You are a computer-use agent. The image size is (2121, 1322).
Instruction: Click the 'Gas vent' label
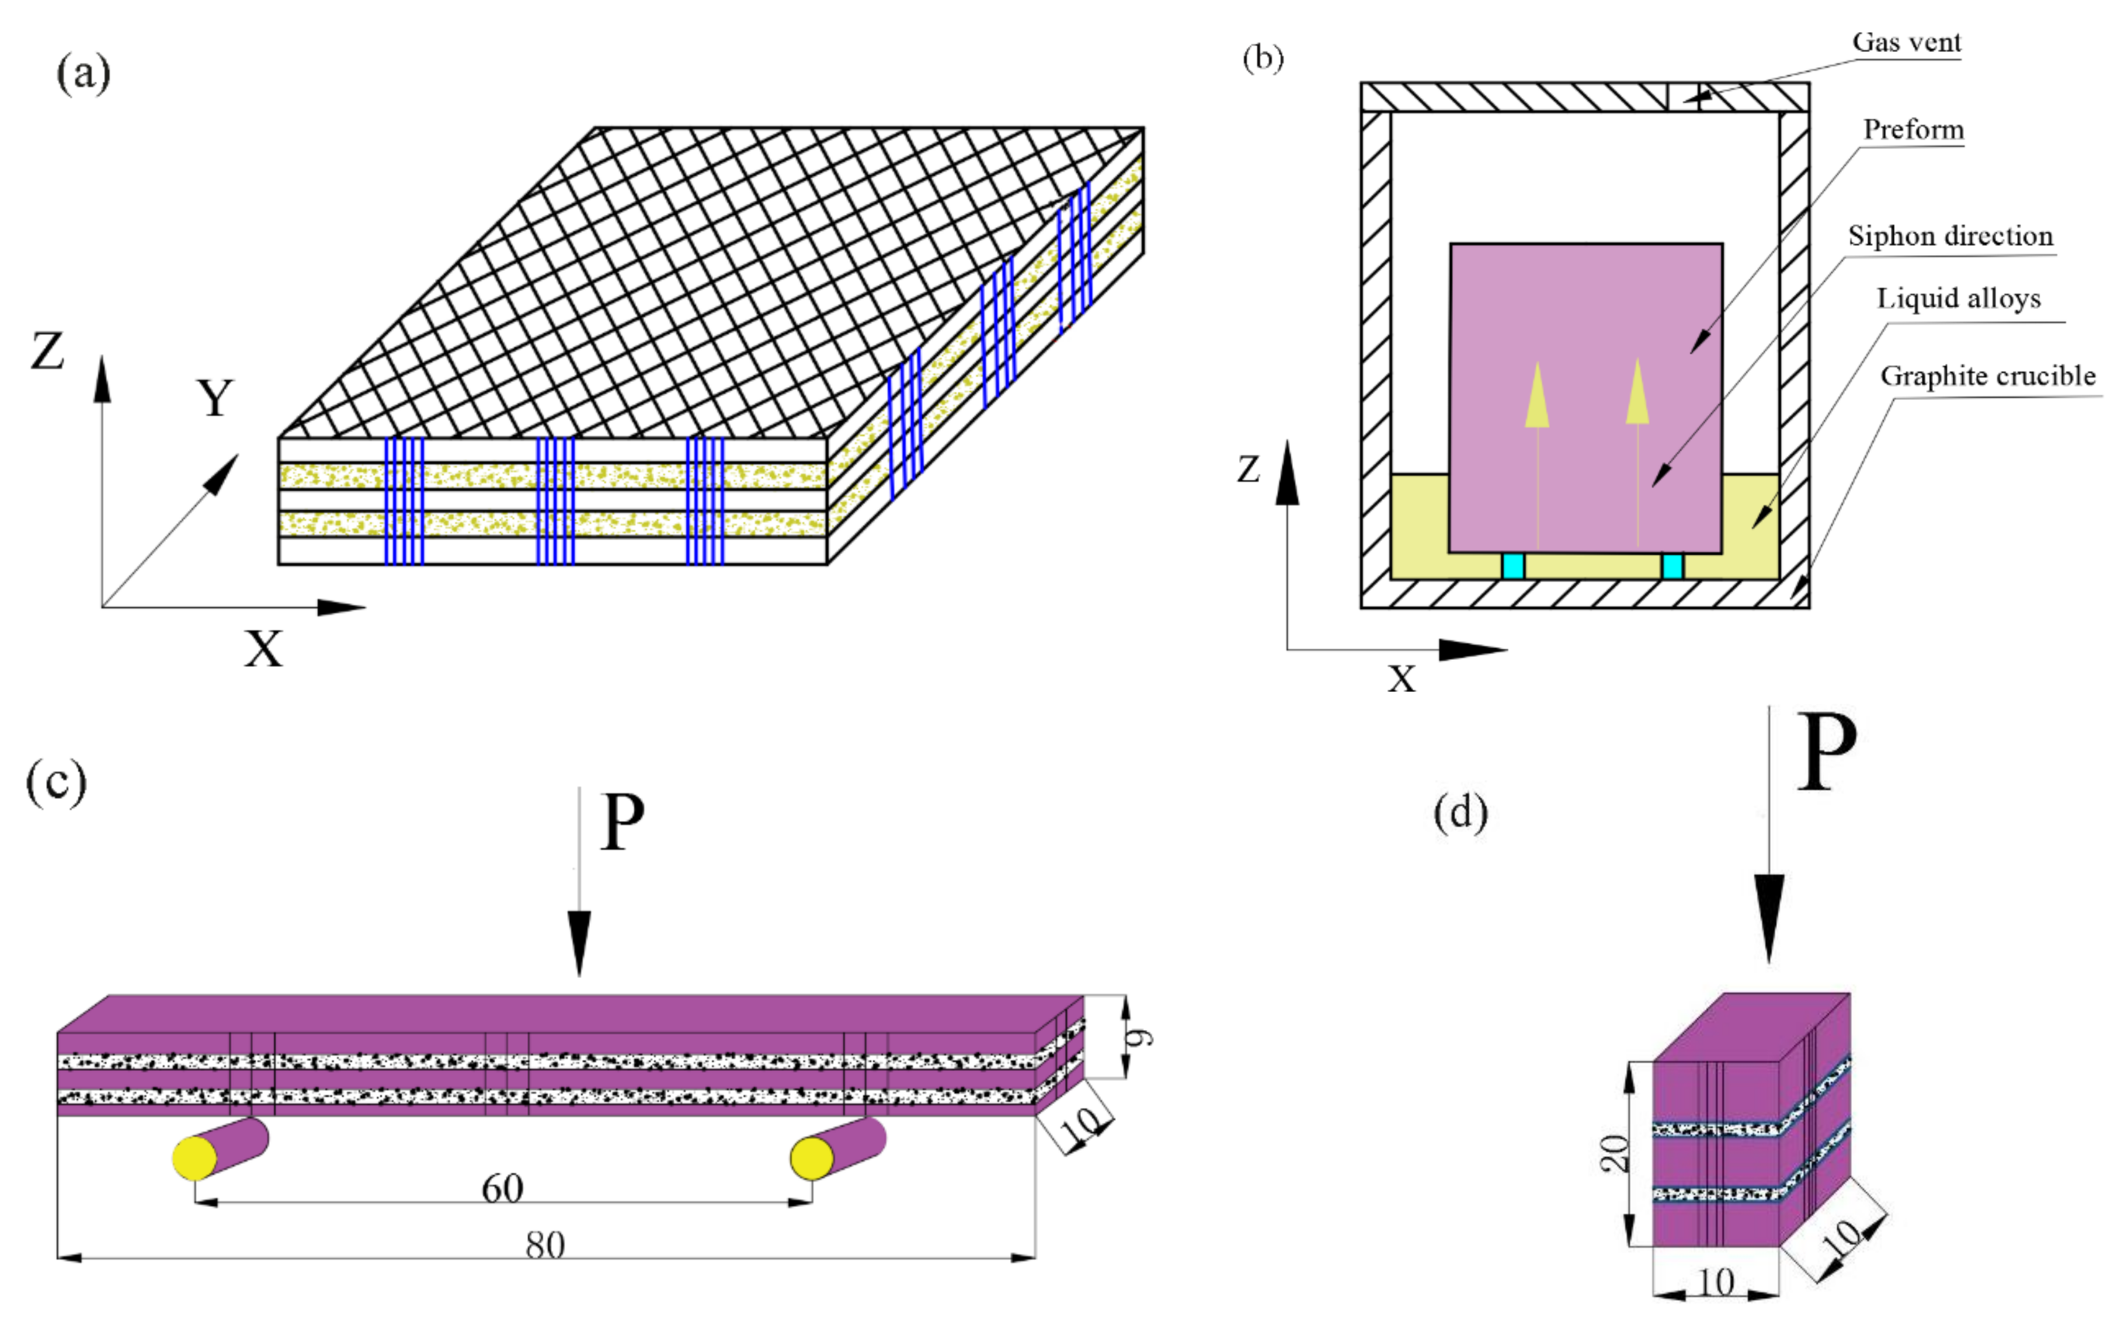pos(1907,42)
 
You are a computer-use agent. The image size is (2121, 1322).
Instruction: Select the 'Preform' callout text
pos(1913,130)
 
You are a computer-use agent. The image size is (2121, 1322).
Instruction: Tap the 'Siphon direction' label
pos(1950,235)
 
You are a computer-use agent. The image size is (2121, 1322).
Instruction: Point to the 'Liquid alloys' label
pos(1959,298)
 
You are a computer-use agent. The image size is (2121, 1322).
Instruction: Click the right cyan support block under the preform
pos(1671,566)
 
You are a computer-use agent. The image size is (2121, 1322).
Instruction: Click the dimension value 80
pos(545,1245)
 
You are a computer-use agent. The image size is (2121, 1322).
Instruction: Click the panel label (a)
pos(83,72)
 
